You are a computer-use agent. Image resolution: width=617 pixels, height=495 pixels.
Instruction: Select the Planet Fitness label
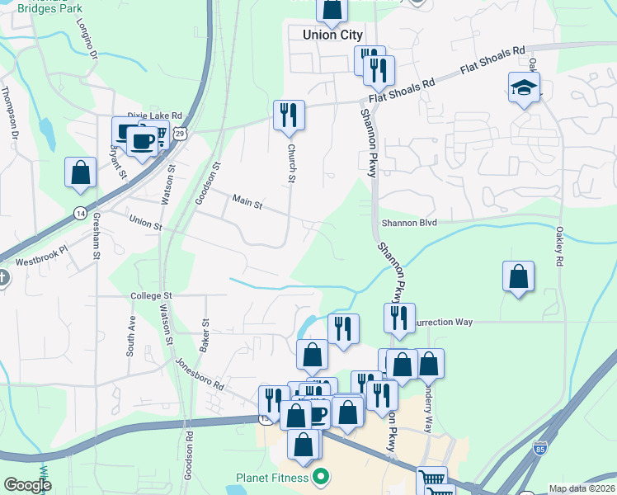coord(271,477)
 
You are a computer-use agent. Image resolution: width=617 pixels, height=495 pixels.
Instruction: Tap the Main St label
coord(247,201)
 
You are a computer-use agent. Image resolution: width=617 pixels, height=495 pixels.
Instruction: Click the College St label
coord(150,295)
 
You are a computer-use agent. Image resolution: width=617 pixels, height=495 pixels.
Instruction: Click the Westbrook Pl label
coord(40,262)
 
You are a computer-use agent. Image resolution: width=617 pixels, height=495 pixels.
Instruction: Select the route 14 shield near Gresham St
coord(79,212)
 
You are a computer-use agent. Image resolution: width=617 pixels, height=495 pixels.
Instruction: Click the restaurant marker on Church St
coord(289,115)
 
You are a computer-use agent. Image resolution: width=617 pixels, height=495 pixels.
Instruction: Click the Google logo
coord(27,485)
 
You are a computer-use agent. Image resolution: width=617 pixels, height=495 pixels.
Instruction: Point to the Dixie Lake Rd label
coord(154,117)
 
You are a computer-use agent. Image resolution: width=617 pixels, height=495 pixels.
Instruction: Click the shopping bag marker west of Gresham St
coord(81,172)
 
